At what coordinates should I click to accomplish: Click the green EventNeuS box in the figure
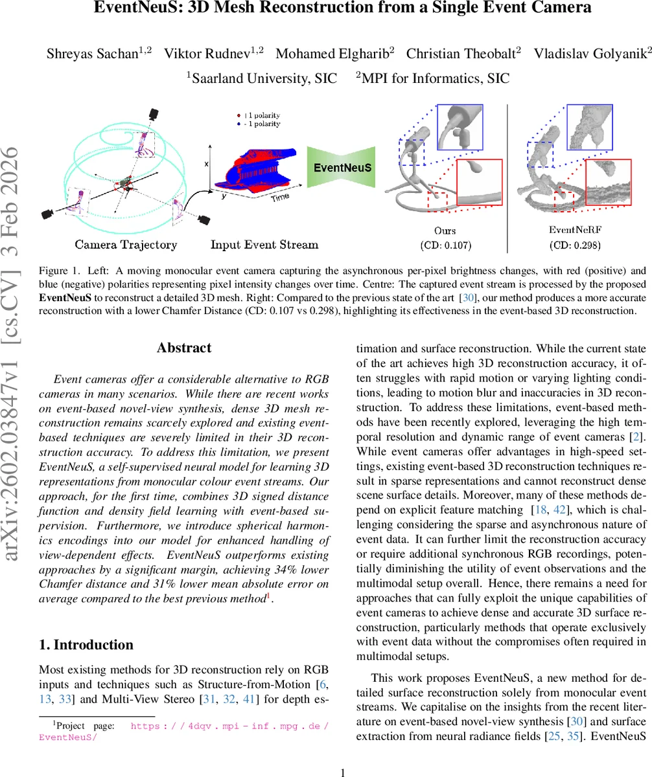click(x=342, y=168)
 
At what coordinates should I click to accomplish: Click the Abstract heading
click(x=184, y=348)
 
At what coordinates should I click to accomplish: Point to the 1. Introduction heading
click(x=86, y=644)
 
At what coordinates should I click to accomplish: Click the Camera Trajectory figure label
click(x=126, y=245)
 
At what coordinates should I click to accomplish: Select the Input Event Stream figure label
click(x=264, y=245)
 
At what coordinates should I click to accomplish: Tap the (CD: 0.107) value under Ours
click(x=445, y=246)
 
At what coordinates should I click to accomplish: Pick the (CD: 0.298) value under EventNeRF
click(x=575, y=246)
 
